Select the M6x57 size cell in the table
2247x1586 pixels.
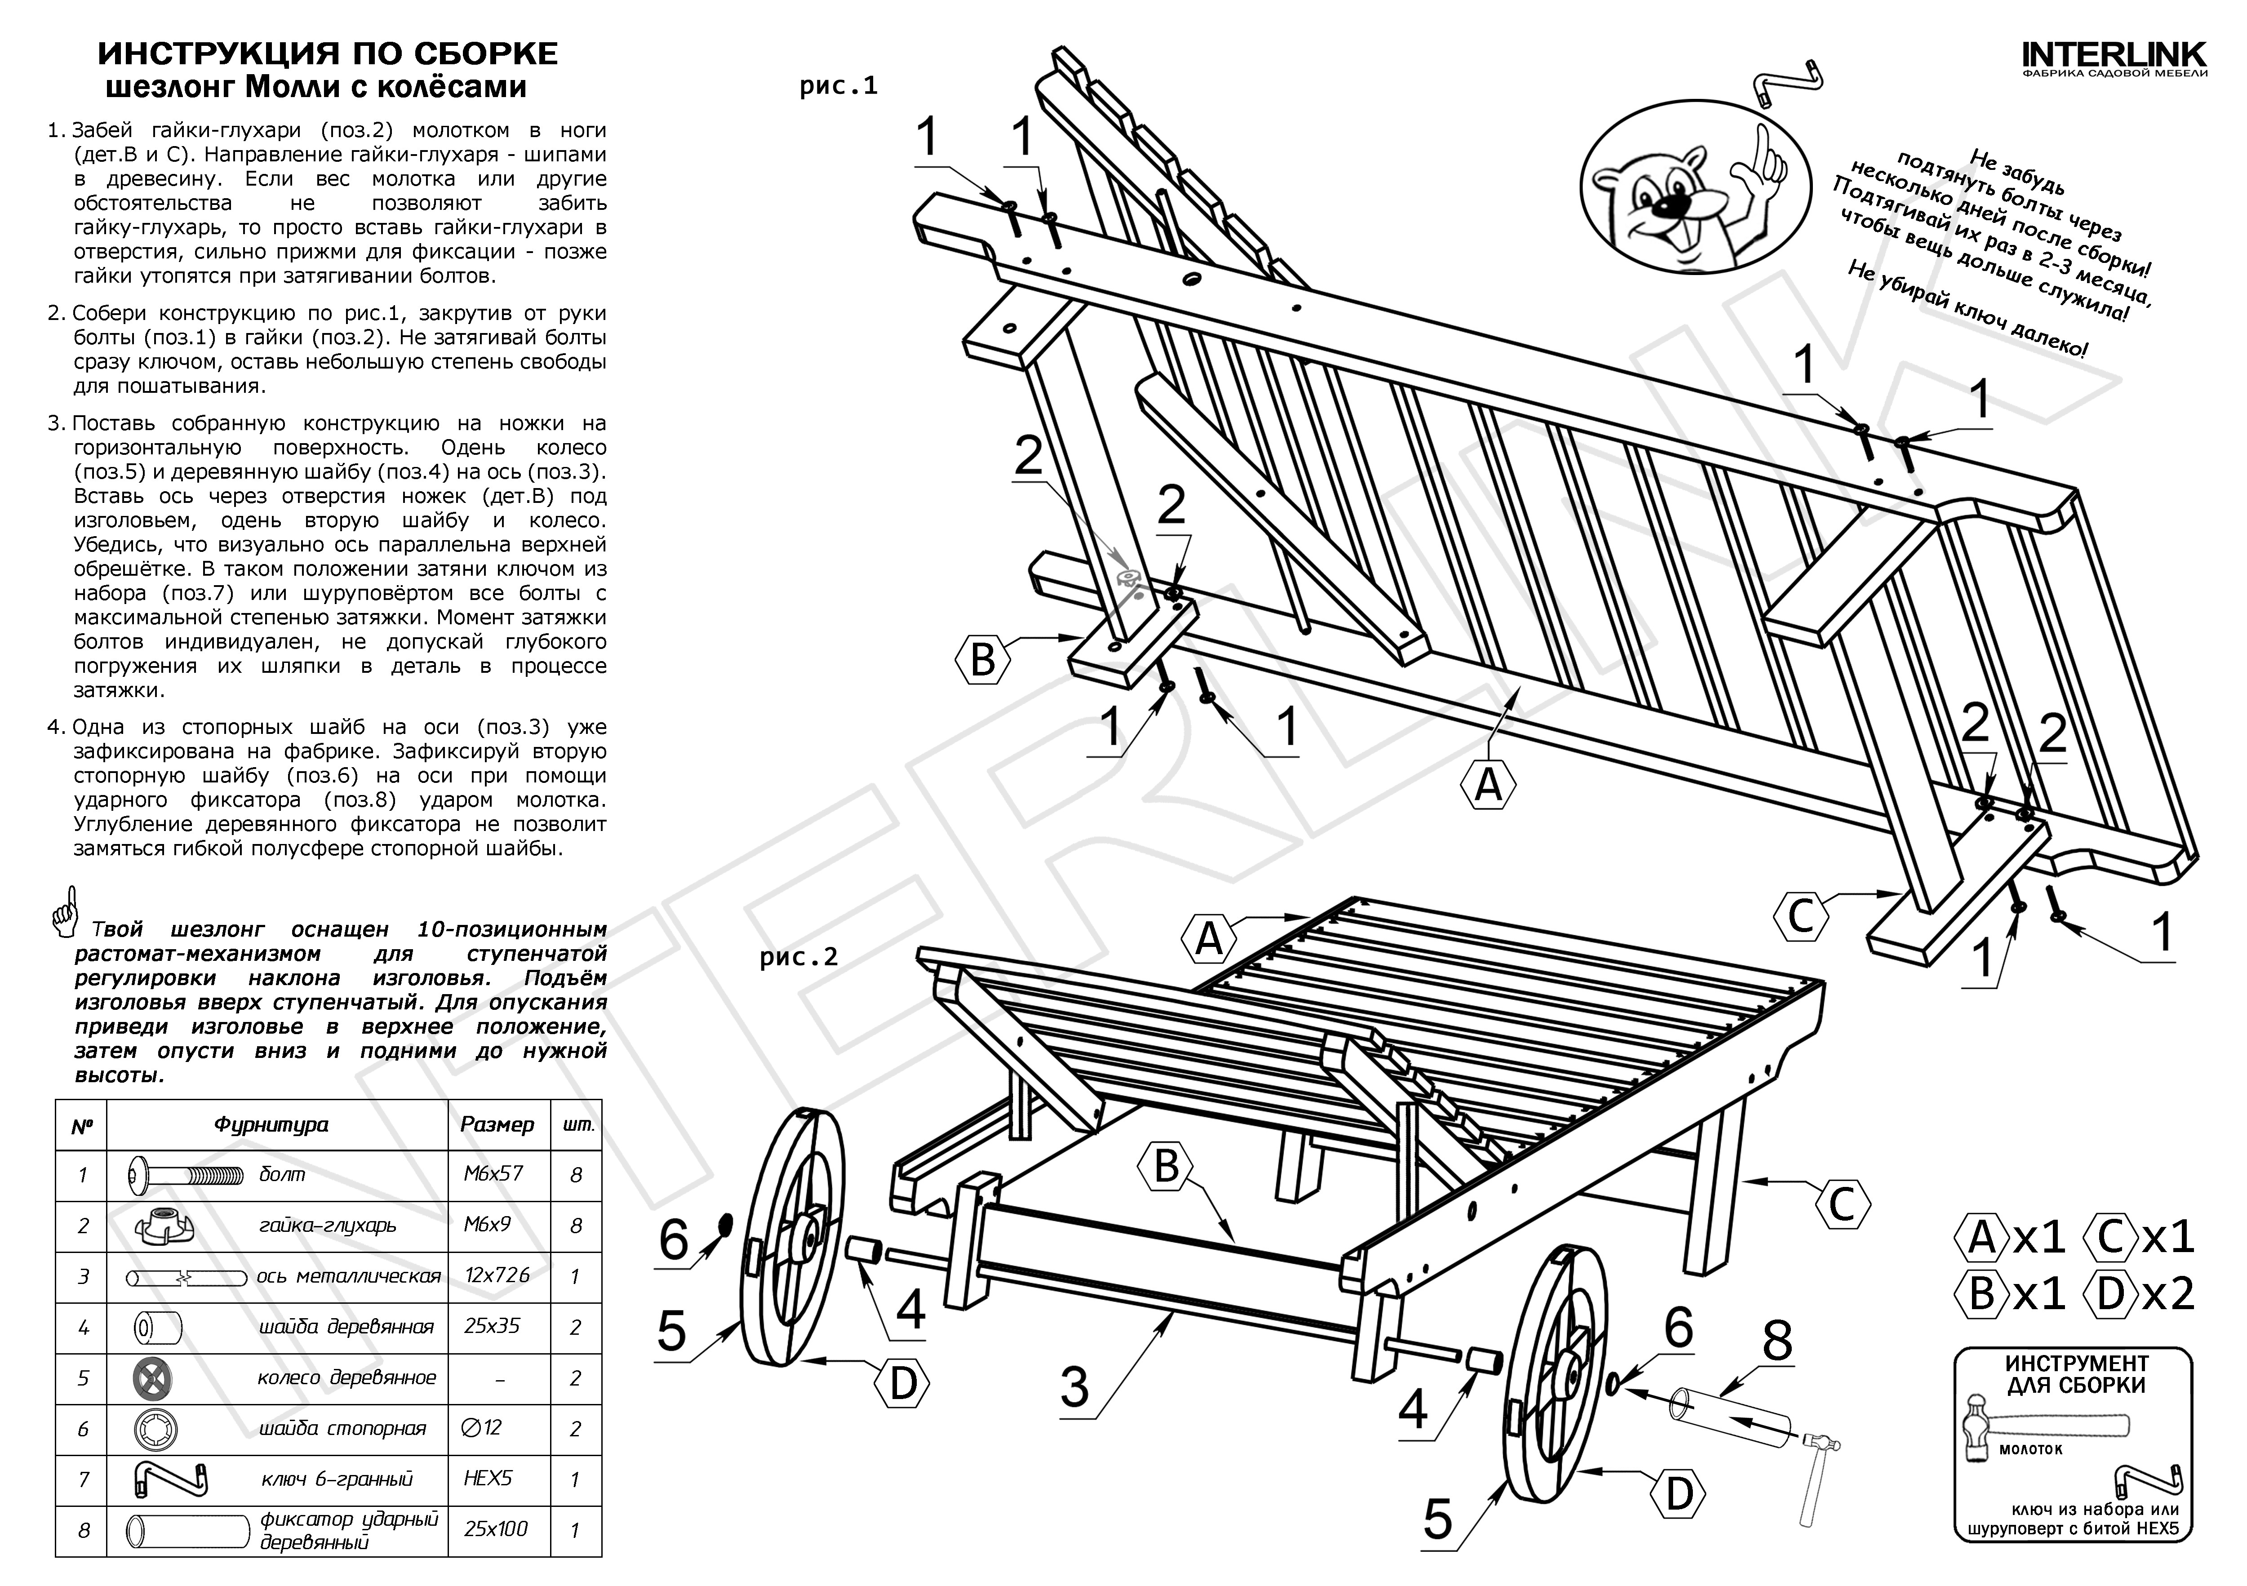(497, 1173)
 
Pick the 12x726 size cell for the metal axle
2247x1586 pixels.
(497, 1275)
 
